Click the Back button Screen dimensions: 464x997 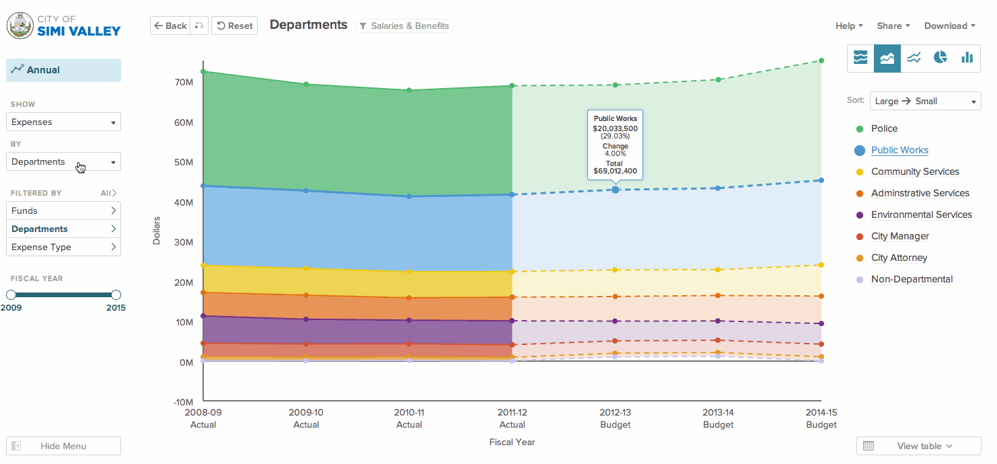[x=170, y=26]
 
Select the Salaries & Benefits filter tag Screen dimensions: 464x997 [x=404, y=26]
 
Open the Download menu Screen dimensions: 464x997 [x=949, y=26]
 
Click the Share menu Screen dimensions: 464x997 [x=893, y=26]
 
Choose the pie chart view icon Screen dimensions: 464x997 [x=940, y=58]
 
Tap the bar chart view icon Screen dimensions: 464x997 [x=967, y=58]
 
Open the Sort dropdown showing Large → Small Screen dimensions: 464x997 [x=925, y=101]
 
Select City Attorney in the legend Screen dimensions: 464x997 [x=899, y=258]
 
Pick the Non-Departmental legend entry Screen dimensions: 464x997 [x=912, y=279]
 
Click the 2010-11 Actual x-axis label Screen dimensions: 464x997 [x=409, y=418]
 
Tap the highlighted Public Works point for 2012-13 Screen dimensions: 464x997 [x=616, y=190]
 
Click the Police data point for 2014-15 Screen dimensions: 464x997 [x=821, y=61]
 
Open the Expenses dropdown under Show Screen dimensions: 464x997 [x=63, y=122]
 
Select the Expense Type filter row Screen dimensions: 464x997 [x=63, y=247]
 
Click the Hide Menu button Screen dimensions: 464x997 [x=63, y=446]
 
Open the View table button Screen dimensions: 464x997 [x=918, y=446]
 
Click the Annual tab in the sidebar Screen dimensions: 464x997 [x=63, y=70]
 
